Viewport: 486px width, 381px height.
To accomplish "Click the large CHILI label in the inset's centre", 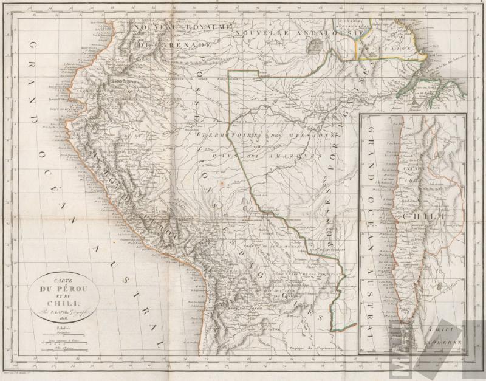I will click(426, 216).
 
